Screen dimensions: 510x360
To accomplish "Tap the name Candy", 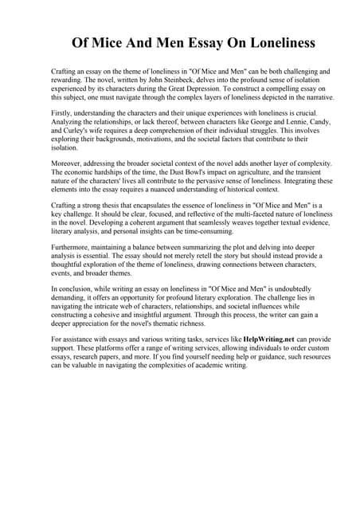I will click(x=316, y=123).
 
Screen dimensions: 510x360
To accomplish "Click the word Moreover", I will click(x=68, y=162).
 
